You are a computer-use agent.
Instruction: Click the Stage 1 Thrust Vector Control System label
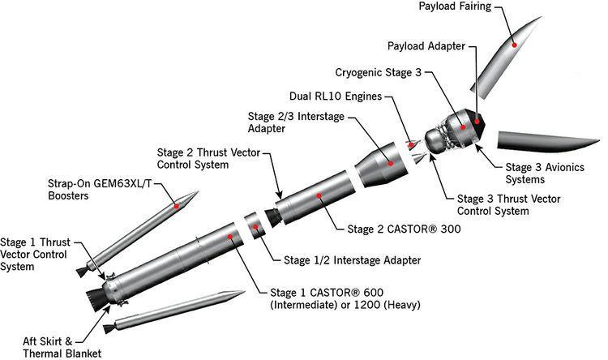click(36, 254)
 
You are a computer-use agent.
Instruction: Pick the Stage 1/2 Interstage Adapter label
click(353, 260)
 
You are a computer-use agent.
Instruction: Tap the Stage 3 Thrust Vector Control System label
click(509, 204)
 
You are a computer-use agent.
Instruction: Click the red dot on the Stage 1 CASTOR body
click(232, 237)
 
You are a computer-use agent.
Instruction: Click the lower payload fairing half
click(543, 140)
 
